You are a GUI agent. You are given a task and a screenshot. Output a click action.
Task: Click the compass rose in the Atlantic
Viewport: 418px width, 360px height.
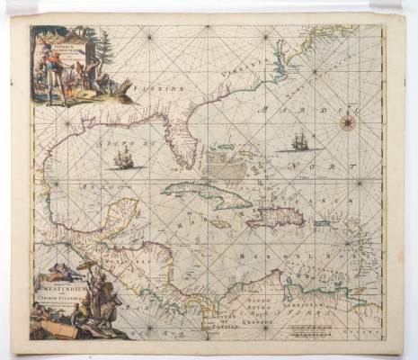[x=348, y=122]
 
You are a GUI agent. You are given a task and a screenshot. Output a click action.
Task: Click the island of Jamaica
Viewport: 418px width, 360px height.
[x=219, y=224]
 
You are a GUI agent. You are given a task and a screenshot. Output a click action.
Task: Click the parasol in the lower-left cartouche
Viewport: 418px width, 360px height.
[x=88, y=266]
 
